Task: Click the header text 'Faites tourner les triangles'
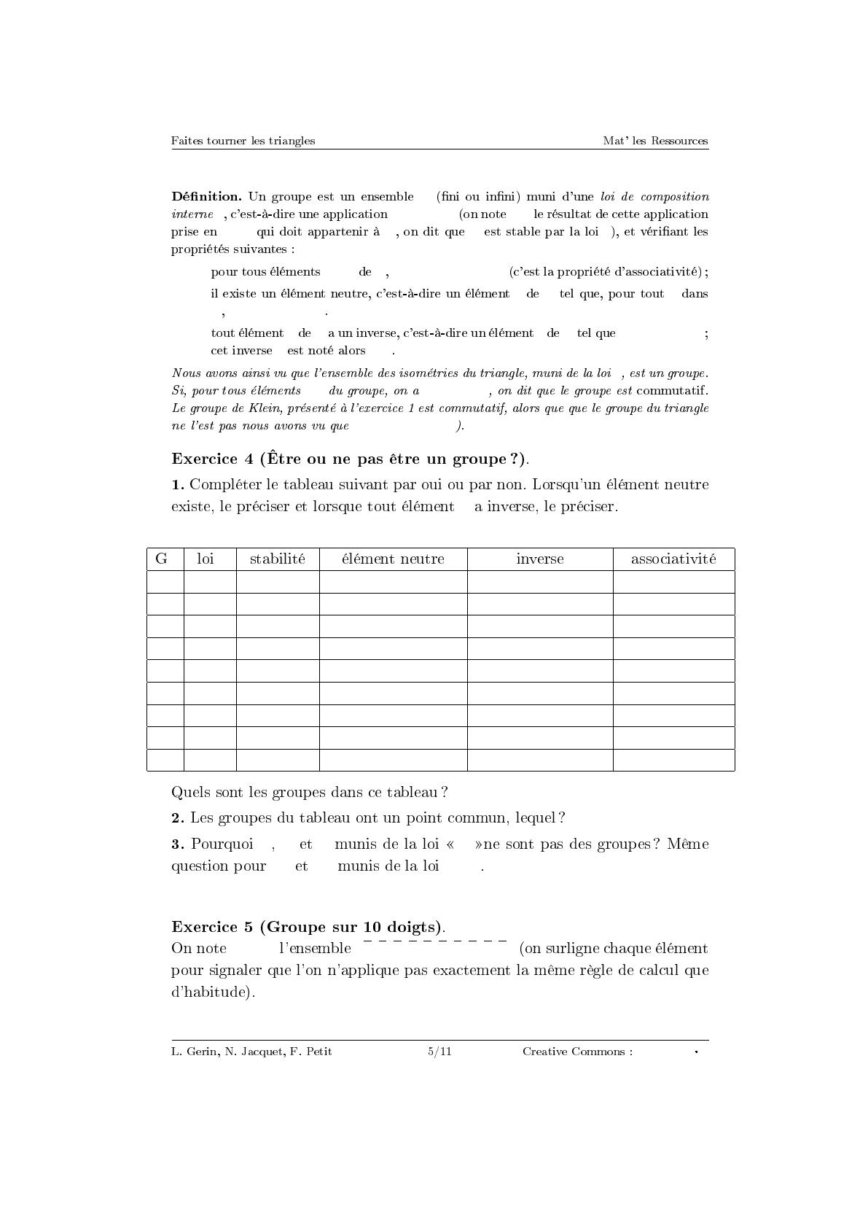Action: [243, 141]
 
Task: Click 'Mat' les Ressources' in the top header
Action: [655, 141]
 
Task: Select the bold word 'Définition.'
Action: [206, 196]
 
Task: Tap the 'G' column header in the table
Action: [162, 559]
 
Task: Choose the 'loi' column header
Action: [206, 559]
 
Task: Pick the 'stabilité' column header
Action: [277, 559]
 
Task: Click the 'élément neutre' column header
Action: [393, 559]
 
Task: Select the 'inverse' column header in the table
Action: [539, 559]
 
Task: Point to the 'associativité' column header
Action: [673, 559]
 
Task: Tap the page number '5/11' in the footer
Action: [439, 1052]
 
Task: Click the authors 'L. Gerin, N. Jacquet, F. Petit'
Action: [251, 1052]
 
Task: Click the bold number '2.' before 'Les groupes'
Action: [178, 818]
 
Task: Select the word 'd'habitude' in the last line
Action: [211, 992]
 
